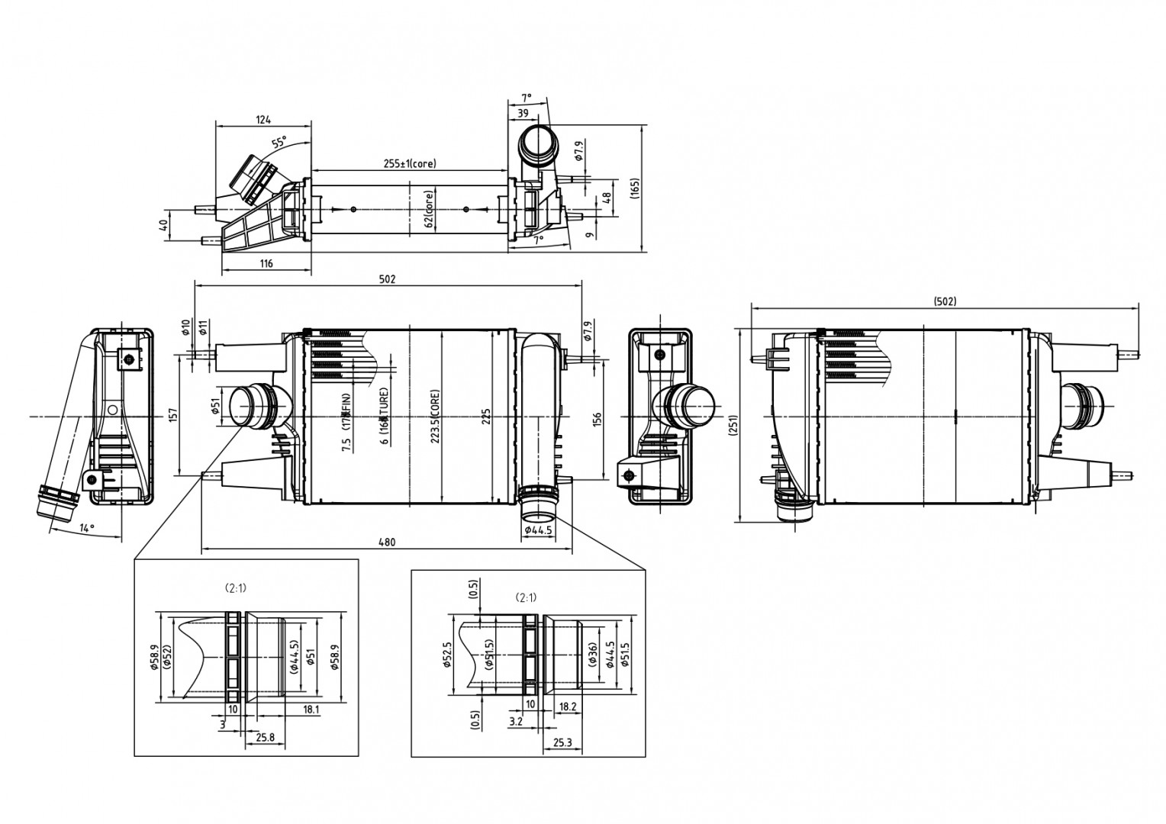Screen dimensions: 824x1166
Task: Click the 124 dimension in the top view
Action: pos(263,119)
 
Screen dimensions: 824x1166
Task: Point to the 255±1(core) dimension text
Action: pos(410,163)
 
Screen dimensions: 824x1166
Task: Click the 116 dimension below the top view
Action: pos(266,264)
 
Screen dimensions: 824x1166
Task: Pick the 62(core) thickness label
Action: pos(429,210)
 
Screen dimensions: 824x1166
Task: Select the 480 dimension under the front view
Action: pos(387,542)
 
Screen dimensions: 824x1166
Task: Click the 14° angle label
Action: pos(87,528)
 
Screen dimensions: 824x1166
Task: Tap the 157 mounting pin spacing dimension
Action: pos(173,414)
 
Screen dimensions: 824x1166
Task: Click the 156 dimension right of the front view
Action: pos(597,419)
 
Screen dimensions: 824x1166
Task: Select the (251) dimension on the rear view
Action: pos(733,426)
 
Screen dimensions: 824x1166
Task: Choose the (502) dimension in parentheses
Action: pos(945,301)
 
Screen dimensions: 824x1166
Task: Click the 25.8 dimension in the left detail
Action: pos(266,738)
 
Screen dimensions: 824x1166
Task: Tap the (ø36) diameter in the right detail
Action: pos(593,655)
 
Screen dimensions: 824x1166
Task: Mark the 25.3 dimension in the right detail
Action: pos(562,742)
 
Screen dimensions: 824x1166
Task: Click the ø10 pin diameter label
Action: pos(185,328)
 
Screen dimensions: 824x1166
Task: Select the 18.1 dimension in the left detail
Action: pos(311,710)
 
